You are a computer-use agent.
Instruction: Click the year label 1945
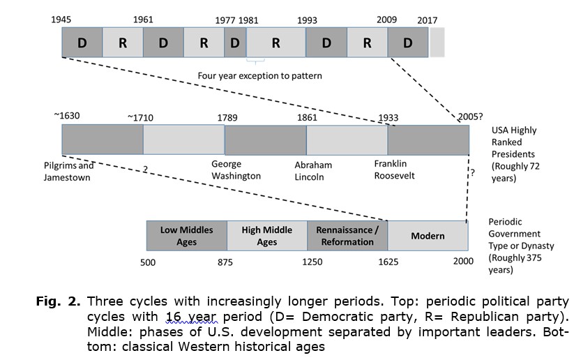[x=61, y=20]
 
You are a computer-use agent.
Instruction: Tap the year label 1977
[x=225, y=20]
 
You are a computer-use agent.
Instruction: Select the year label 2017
[x=428, y=20]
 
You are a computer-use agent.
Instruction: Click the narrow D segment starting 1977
[x=235, y=43]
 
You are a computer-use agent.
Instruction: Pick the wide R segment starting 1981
[x=276, y=43]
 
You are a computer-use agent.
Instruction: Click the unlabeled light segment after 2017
[x=437, y=43]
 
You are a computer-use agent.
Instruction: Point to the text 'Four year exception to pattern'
[x=260, y=76]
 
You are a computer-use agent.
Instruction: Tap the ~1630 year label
[x=67, y=116]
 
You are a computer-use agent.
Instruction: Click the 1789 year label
[x=227, y=118]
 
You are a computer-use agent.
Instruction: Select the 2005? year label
[x=470, y=117]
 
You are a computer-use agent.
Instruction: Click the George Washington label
[x=236, y=170]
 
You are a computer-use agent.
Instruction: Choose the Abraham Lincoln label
[x=313, y=171]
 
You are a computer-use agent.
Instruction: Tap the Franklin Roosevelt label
[x=394, y=170]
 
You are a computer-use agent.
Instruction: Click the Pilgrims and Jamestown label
[x=68, y=172]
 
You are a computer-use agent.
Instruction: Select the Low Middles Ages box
[x=187, y=236]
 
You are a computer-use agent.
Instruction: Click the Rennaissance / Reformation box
[x=347, y=236]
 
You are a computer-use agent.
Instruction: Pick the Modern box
[x=428, y=236]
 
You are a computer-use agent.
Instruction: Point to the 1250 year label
[x=312, y=262]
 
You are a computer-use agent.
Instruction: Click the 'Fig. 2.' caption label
[x=58, y=301]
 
